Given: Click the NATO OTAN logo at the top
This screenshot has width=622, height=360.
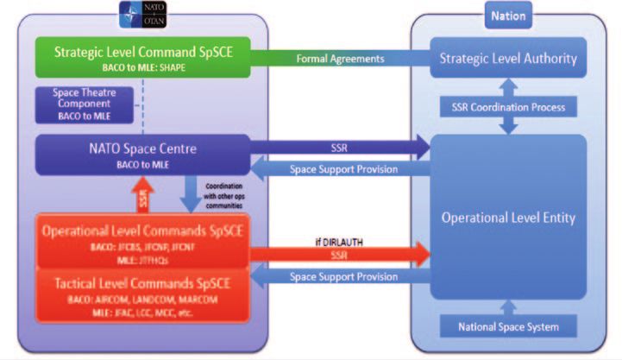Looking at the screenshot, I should pyautogui.click(x=141, y=11).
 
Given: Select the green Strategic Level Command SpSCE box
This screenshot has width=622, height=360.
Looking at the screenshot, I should pyautogui.click(x=140, y=57).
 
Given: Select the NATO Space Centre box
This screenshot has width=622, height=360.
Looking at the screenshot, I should pyautogui.click(x=140, y=154).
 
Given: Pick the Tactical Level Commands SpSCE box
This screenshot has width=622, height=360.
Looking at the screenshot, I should pyautogui.click(x=141, y=294).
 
